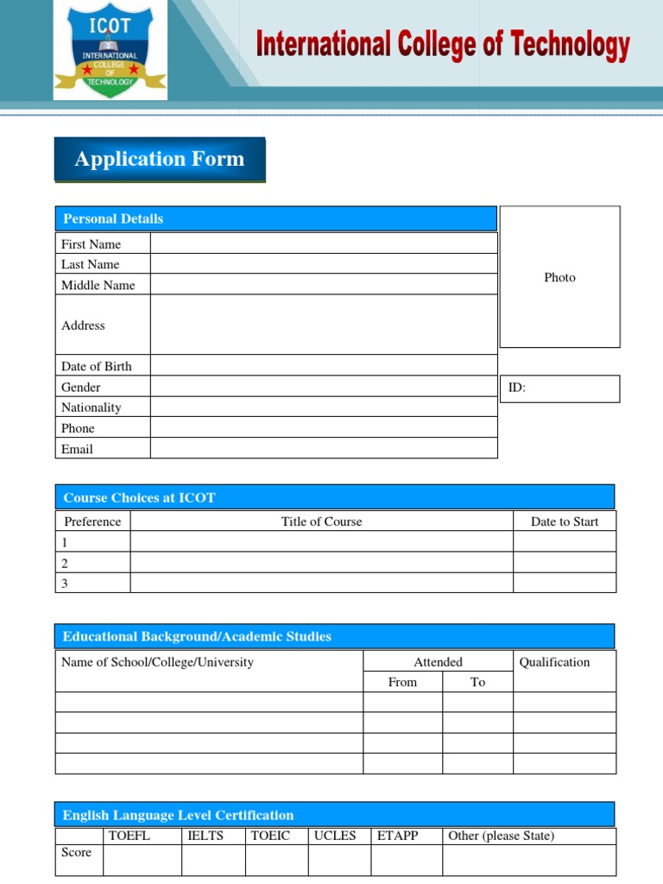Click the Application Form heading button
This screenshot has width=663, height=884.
[160, 160]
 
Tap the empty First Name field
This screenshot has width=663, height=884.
[323, 243]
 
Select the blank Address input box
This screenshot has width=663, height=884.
[323, 325]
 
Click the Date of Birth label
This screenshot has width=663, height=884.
[97, 366]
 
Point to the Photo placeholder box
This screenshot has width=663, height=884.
[559, 277]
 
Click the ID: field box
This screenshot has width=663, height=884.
[559, 388]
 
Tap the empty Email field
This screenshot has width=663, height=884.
[323, 449]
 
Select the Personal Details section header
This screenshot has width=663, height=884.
[275, 218]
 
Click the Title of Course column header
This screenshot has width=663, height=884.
[321, 521]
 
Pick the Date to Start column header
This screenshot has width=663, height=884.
[565, 521]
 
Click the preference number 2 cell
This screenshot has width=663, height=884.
[92, 563]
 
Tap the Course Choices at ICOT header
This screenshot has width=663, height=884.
[334, 497]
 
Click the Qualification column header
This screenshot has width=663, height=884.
[555, 662]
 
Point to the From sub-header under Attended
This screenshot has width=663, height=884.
[402, 682]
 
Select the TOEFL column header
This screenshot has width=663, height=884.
[129, 836]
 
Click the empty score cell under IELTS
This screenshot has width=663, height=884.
[212, 860]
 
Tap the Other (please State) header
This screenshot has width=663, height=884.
[502, 836]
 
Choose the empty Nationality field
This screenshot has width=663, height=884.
[323, 407]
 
